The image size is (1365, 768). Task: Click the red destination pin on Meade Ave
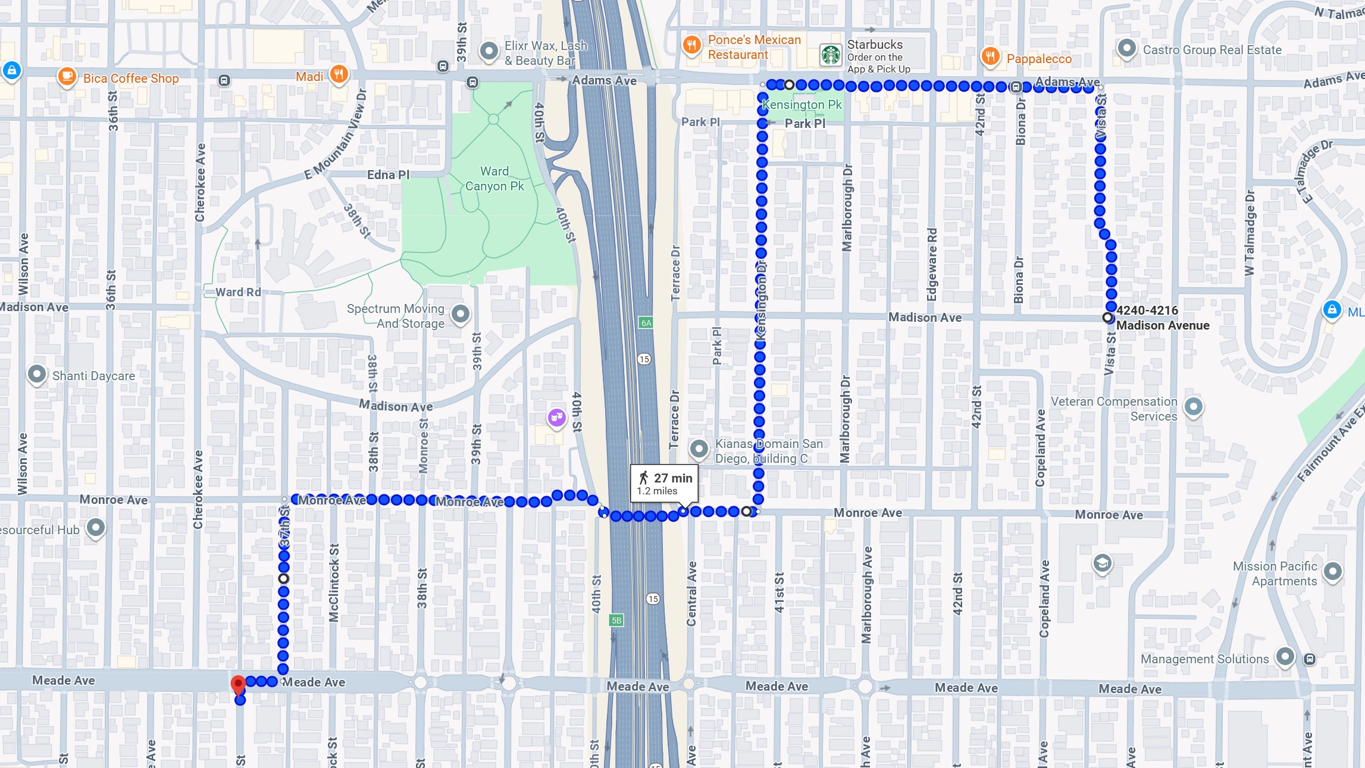click(x=238, y=685)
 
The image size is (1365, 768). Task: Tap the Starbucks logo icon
click(x=831, y=55)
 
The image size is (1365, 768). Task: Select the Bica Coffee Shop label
click(x=131, y=79)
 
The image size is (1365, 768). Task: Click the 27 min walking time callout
click(x=665, y=484)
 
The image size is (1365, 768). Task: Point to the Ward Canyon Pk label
click(x=494, y=178)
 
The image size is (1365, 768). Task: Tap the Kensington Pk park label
click(x=802, y=105)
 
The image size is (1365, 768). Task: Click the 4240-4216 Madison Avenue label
click(x=1162, y=318)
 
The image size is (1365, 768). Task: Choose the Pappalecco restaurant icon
click(x=990, y=57)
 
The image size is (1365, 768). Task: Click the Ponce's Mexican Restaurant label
click(x=754, y=47)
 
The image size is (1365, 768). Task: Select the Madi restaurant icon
click(x=339, y=74)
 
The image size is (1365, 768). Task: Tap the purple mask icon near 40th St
click(x=556, y=417)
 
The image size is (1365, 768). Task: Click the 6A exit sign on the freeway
click(x=646, y=322)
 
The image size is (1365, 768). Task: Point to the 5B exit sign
click(x=616, y=620)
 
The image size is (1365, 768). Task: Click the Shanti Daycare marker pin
click(x=37, y=374)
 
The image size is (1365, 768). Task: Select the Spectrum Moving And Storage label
click(x=396, y=316)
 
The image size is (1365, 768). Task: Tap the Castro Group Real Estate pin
click(x=1126, y=48)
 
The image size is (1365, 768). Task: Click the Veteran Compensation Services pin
click(x=1193, y=407)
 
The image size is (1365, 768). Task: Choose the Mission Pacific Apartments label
click(x=1275, y=573)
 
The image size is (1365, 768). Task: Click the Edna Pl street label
click(x=388, y=175)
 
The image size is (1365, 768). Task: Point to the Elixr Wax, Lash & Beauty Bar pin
click(x=489, y=51)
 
